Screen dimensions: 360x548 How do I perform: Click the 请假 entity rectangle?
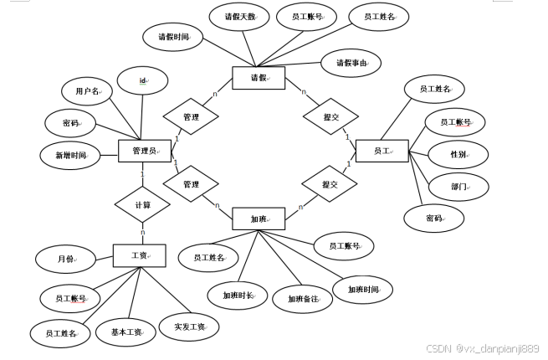258,78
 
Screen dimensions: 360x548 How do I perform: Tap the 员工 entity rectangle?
381,151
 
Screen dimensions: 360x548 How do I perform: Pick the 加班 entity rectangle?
258,219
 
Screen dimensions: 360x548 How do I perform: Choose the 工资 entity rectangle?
139,255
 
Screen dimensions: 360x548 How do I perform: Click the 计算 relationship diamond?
142,204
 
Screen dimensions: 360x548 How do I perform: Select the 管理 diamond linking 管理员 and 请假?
191,117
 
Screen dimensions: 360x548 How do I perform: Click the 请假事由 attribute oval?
351,62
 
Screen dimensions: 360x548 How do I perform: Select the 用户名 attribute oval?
87,90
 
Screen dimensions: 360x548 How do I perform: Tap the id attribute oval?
142,80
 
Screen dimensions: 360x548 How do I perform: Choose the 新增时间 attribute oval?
70,155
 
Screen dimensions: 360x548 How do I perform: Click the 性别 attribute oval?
458,154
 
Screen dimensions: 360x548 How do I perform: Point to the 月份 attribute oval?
65,260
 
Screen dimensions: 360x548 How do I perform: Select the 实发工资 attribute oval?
189,326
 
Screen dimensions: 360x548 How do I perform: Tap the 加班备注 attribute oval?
302,298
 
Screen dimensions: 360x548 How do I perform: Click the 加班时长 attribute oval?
237,296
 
